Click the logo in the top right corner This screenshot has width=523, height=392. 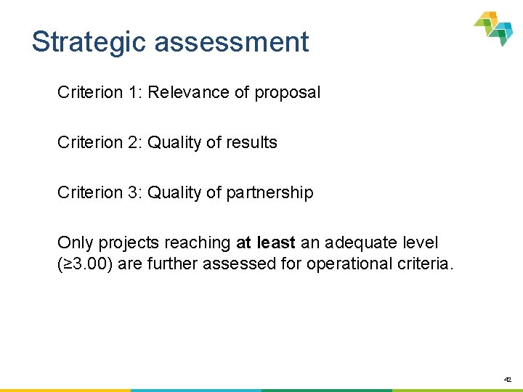point(494,28)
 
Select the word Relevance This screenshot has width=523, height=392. point(187,92)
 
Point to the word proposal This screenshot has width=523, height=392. point(287,93)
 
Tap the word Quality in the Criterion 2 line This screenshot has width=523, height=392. point(174,143)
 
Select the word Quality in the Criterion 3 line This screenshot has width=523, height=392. point(174,193)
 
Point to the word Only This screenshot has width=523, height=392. point(74,242)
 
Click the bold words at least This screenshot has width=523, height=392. point(265,242)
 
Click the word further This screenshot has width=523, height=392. point(172,264)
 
